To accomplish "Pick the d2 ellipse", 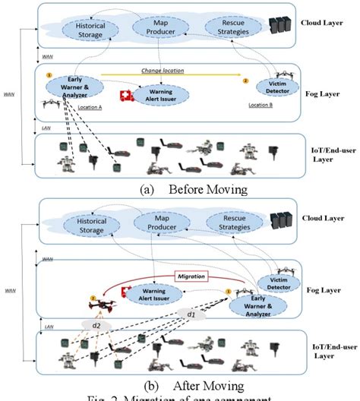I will [x=96, y=324].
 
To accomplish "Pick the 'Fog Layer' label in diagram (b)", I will [x=324, y=290].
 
